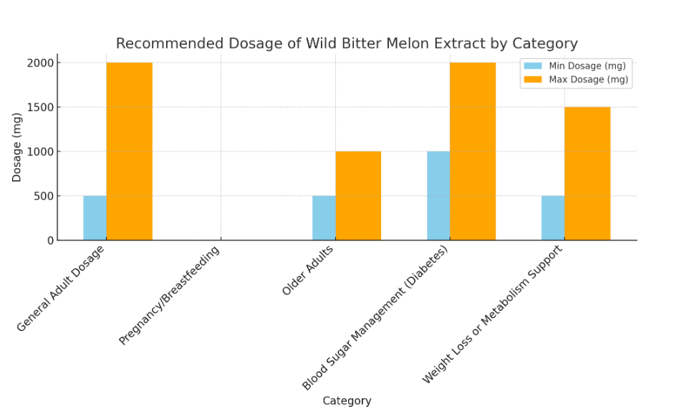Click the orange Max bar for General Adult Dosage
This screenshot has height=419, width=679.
[x=129, y=151]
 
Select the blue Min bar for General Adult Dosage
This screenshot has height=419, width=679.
[x=95, y=218]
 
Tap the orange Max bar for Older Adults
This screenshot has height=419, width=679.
[x=358, y=196]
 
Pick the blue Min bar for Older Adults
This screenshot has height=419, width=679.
[x=324, y=218]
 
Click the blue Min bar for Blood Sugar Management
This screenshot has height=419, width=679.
[x=438, y=196]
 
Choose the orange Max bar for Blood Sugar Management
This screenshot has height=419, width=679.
[x=473, y=151]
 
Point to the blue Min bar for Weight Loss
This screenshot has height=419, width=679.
[x=553, y=218]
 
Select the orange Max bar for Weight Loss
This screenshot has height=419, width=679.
[x=587, y=173]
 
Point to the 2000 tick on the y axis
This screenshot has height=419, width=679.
[x=41, y=63]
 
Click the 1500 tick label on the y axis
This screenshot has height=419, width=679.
[x=41, y=107]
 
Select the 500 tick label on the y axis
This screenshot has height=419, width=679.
[x=44, y=196]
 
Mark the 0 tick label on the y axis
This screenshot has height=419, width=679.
[x=51, y=241]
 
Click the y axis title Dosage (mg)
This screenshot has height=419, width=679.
[x=17, y=147]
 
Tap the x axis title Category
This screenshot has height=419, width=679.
[x=347, y=401]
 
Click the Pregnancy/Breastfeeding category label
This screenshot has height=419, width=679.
[x=170, y=295]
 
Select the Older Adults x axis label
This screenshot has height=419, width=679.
[x=308, y=270]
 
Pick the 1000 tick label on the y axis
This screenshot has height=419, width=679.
[x=41, y=152]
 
